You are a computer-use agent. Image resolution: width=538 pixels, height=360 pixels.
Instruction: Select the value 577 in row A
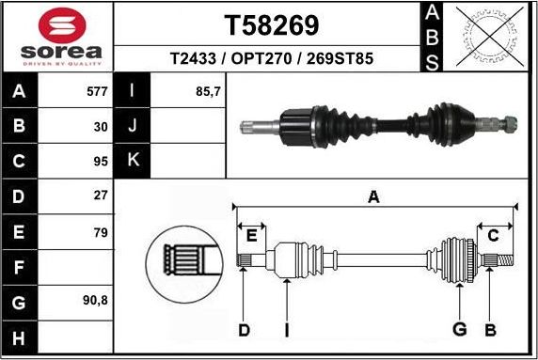click(96, 91)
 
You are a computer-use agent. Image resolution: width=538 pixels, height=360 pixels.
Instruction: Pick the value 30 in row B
click(100, 125)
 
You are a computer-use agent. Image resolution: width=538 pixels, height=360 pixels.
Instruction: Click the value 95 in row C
click(100, 160)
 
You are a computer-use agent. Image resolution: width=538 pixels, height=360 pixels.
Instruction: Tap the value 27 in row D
click(100, 196)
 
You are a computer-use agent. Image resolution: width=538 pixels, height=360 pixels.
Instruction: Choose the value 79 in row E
click(100, 230)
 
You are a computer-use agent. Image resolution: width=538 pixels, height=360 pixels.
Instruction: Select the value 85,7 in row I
click(207, 91)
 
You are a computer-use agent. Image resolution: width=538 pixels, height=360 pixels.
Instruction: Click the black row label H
click(19, 337)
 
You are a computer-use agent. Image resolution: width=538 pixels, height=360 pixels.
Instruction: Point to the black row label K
click(132, 160)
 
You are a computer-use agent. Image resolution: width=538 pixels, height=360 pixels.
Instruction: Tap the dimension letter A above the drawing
click(373, 196)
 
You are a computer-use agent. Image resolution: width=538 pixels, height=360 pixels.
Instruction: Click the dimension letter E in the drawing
click(251, 235)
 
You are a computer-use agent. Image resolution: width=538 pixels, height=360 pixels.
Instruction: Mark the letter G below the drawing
click(460, 329)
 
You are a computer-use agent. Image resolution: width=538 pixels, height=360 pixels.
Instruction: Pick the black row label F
click(19, 267)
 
